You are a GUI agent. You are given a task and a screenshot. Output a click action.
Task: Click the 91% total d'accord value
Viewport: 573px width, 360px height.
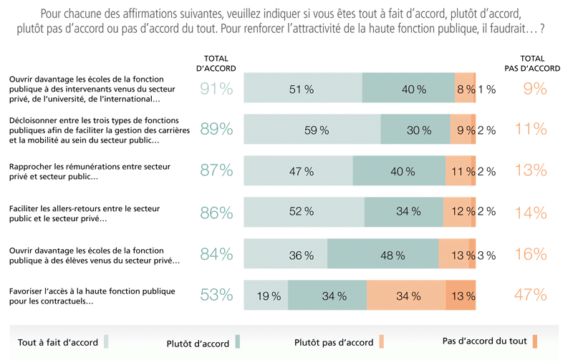pos(216,89)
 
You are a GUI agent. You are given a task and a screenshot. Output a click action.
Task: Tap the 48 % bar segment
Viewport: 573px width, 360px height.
pos(383,255)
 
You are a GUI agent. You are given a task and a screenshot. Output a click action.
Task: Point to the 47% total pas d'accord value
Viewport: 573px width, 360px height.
pos(531,295)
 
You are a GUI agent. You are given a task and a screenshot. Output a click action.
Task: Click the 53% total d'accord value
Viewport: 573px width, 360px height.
pos(216,295)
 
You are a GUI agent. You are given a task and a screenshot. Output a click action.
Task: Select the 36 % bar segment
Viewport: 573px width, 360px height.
pos(286,255)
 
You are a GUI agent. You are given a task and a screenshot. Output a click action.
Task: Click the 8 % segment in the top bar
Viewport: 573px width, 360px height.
pos(465,89)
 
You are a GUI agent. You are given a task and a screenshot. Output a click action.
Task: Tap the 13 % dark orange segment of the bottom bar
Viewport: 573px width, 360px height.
pos(461,296)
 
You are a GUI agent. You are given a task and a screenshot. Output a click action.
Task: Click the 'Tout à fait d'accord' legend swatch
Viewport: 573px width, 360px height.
pos(107,341)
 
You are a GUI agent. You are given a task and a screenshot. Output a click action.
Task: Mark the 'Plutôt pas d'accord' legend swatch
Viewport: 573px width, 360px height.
pos(382,341)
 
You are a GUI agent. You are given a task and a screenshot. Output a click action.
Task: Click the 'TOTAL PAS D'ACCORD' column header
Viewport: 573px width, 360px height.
pos(531,63)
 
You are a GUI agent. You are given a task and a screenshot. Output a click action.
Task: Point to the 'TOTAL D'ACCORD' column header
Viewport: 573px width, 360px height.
pos(216,63)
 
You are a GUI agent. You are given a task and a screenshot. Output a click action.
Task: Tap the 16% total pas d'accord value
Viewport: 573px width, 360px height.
pos(531,254)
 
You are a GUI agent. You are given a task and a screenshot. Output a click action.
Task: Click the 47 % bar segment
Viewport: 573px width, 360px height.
pos(299,172)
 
